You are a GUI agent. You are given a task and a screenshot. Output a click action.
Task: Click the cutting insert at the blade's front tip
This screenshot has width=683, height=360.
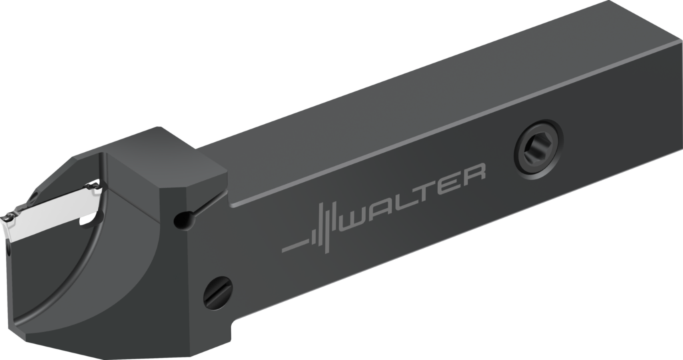click(11, 219)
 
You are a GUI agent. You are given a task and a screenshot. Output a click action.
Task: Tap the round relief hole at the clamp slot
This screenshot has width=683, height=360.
click(179, 219)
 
